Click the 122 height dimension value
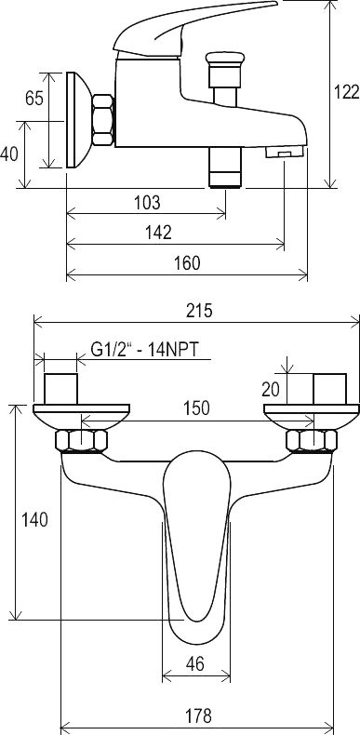pyautogui.click(x=347, y=92)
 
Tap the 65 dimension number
pyautogui.click(x=34, y=99)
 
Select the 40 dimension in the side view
pyautogui.click(x=8, y=154)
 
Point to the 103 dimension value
pyautogui.click(x=147, y=203)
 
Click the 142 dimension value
pyautogui.click(x=158, y=233)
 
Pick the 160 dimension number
pyautogui.click(x=187, y=263)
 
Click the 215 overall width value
pyautogui.click(x=199, y=311)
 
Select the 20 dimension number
pyautogui.click(x=272, y=389)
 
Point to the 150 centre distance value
pyautogui.click(x=196, y=408)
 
